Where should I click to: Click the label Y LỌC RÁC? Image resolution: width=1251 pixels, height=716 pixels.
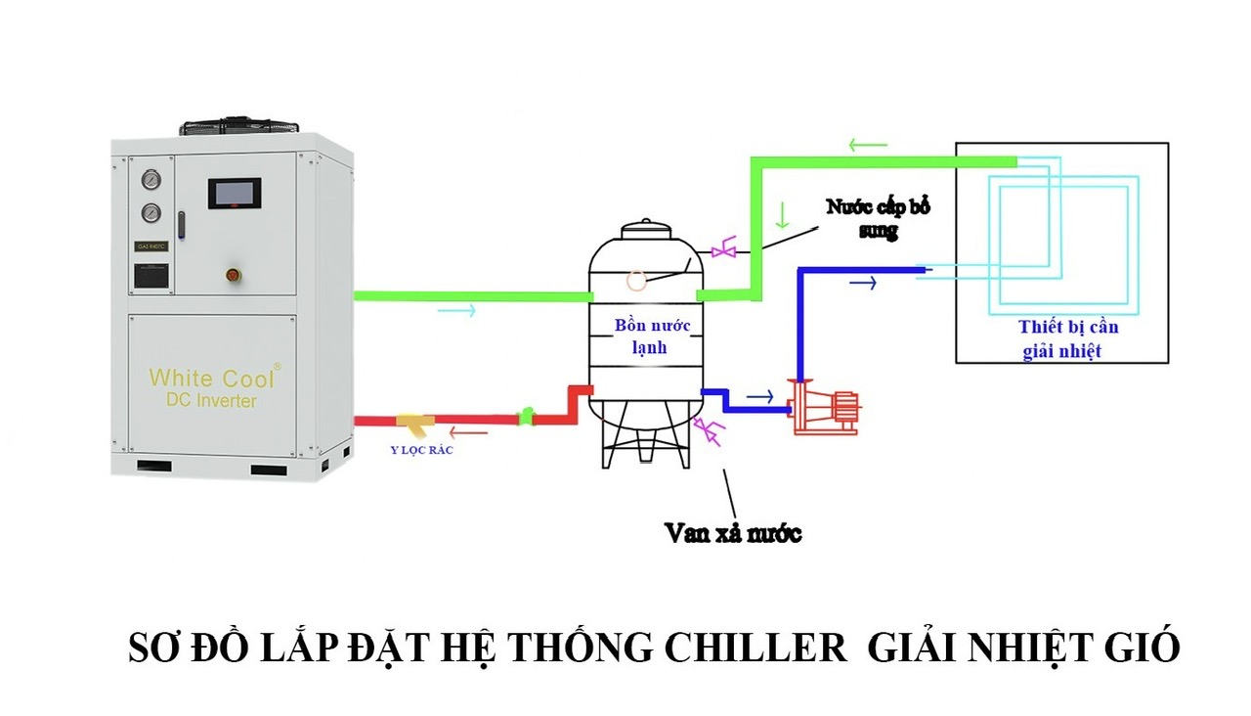[421, 450]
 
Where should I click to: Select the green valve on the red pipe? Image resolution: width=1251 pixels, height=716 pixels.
[526, 418]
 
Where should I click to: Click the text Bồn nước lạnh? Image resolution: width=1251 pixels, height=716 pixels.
[644, 336]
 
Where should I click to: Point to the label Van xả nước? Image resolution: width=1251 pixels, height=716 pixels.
[733, 533]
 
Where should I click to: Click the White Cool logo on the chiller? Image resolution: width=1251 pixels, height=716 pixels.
[214, 378]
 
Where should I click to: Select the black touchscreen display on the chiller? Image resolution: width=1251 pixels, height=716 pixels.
[233, 194]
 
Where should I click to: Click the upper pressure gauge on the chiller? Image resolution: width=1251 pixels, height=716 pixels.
[151, 181]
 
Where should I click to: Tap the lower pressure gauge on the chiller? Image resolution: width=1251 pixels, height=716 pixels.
[151, 212]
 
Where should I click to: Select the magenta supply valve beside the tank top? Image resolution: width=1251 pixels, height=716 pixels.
[724, 251]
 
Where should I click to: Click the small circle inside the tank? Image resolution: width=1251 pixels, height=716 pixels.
[636, 281]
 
